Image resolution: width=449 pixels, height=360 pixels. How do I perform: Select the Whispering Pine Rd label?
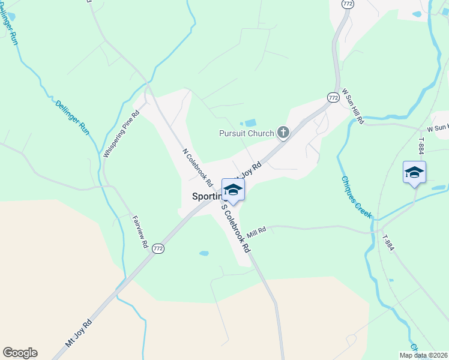(x=121, y=134)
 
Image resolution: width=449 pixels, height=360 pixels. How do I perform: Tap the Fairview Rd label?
(x=139, y=232)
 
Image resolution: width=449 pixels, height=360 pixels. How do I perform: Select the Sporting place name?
(x=206, y=196)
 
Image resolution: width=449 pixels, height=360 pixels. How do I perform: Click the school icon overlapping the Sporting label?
(x=233, y=190)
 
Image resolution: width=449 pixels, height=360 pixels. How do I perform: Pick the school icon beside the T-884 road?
(x=414, y=172)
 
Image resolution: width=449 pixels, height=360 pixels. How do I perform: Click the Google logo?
(x=20, y=353)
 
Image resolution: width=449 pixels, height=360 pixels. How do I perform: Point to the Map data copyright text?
(x=423, y=355)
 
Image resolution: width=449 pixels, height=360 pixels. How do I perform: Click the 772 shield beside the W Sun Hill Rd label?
(x=333, y=97)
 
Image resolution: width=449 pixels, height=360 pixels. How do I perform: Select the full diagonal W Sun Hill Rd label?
(x=353, y=107)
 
